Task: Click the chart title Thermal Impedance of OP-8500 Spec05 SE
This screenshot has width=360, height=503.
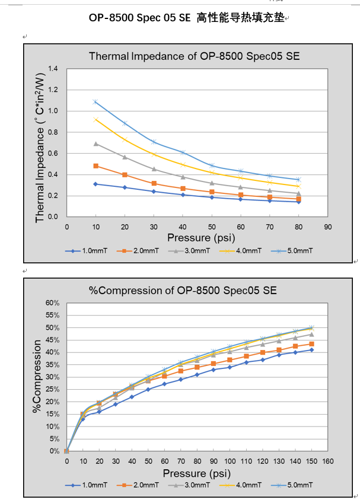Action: pyautogui.click(x=194, y=56)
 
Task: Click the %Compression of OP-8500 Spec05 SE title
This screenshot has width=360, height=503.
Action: pyautogui.click(x=182, y=291)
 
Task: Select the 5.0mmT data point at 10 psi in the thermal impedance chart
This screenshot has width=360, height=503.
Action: pyautogui.click(x=95, y=102)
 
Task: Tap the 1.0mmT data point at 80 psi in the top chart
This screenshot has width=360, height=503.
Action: pyautogui.click(x=298, y=202)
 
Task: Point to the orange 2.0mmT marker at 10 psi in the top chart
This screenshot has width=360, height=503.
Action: pyautogui.click(x=95, y=166)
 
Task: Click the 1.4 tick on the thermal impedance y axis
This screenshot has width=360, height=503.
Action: pyautogui.click(x=53, y=69)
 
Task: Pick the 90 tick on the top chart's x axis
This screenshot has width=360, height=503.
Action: pyautogui.click(x=327, y=226)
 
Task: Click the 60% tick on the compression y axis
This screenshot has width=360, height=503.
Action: pyautogui.click(x=52, y=303)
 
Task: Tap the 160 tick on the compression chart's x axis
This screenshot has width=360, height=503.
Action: pyautogui.click(x=327, y=461)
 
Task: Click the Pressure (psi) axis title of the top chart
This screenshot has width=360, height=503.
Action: pyautogui.click(x=197, y=237)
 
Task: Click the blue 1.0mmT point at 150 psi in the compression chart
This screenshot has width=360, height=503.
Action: pyautogui.click(x=311, y=350)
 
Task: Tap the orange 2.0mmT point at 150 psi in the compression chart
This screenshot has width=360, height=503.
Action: pyautogui.click(x=311, y=344)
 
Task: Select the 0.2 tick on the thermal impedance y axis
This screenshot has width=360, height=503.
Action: pyautogui.click(x=53, y=196)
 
